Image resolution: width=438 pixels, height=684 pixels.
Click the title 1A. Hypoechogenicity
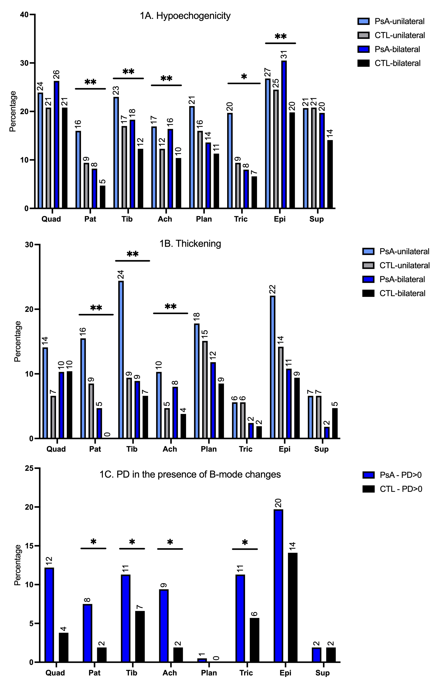pos(185,16)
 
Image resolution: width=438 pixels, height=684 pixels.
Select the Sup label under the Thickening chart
pos(321,449)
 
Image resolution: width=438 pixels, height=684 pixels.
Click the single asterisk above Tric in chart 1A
pos(244,76)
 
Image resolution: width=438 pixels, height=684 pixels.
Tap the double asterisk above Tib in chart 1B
pos(132,254)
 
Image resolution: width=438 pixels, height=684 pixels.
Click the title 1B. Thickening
pos(190,244)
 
